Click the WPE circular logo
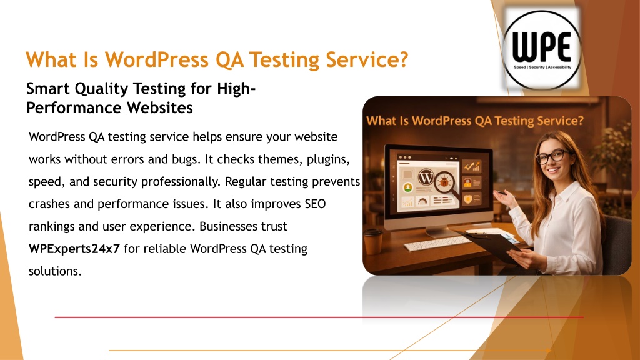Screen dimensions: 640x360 pos(542,50)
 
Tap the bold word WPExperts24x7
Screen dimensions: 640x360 pos(74,249)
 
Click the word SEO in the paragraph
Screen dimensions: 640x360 pos(315,204)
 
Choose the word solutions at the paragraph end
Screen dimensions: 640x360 pos(55,271)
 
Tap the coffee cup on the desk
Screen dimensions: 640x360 pos(372,242)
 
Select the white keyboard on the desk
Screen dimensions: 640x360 pos(437,243)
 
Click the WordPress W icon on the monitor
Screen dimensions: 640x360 pos(426,177)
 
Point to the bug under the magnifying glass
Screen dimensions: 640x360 pos(444,181)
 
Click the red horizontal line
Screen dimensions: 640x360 pos(319,317)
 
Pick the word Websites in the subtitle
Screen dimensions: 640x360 pos(159,108)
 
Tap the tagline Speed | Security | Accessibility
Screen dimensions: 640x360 pos(542,67)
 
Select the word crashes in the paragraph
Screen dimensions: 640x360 pos(49,204)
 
